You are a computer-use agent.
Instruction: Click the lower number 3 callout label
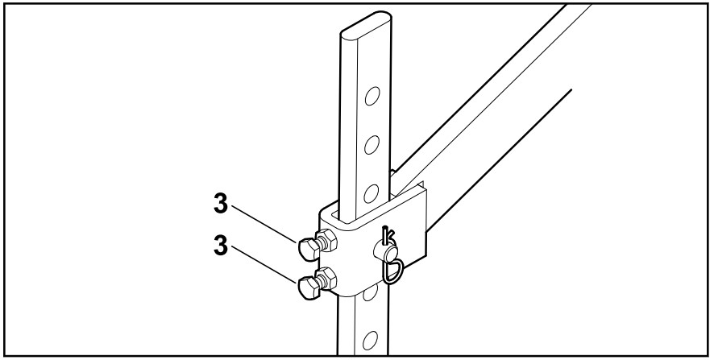click(219, 243)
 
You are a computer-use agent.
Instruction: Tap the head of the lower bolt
click(307, 287)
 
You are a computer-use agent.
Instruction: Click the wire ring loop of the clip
click(394, 271)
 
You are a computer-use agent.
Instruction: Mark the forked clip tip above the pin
click(388, 235)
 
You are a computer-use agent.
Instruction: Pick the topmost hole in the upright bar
click(372, 98)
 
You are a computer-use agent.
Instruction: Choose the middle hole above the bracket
click(372, 145)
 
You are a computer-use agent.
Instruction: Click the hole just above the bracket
click(372, 192)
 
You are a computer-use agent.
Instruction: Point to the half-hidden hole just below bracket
click(370, 295)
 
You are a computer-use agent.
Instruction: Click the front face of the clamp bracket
click(355, 258)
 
